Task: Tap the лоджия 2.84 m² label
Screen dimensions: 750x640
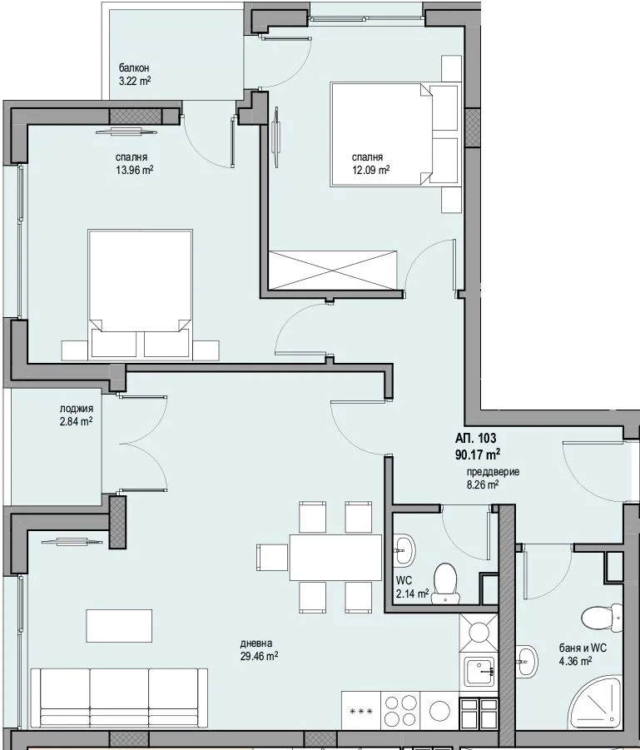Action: coord(76,415)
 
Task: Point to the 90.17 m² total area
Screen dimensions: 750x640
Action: coord(478,454)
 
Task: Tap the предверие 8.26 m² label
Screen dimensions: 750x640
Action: coord(492,477)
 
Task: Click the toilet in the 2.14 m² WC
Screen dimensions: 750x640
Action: coord(447,579)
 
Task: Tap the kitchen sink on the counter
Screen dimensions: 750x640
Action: coord(479,668)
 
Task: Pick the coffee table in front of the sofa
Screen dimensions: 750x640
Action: coord(119,625)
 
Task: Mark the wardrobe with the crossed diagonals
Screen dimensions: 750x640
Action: coord(335,271)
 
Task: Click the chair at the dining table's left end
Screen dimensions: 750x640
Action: coord(271,557)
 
